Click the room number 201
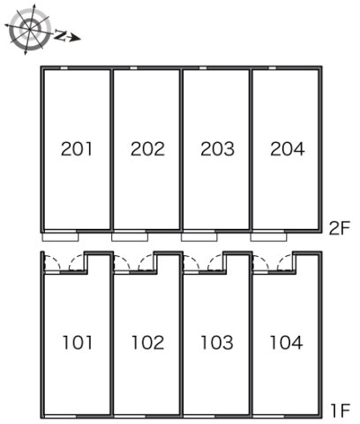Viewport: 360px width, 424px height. click(77, 149)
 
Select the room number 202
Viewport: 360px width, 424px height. click(147, 149)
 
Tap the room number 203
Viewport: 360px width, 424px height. click(217, 149)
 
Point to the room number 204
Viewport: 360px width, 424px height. click(288, 149)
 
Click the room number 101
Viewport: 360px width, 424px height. click(78, 343)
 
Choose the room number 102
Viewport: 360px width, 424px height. click(147, 343)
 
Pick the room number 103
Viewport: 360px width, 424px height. click(217, 343)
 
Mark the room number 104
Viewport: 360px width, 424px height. click(286, 343)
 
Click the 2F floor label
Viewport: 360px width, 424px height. click(339, 228)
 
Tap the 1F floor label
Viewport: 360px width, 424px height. click(341, 411)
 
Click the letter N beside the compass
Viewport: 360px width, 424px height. click(60, 35)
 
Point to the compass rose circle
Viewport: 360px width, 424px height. click(28, 29)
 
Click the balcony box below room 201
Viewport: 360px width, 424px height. click(60, 237)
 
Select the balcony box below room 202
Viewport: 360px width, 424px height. click(130, 237)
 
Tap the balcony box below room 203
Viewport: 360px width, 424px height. click(199, 237)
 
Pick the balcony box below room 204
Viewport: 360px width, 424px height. click(268, 237)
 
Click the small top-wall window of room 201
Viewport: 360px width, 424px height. click(64, 68)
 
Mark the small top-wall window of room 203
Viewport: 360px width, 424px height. click(203, 68)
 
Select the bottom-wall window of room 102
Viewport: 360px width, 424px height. click(130, 416)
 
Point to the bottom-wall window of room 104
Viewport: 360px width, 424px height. click(268, 416)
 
